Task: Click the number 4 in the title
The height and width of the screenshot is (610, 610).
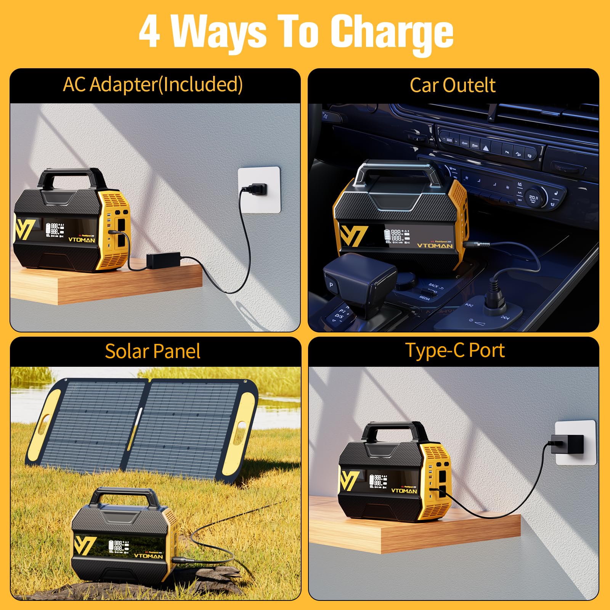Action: click(149, 33)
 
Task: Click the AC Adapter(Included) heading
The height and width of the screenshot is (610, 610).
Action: click(152, 85)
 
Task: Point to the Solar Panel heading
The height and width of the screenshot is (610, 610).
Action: click(152, 351)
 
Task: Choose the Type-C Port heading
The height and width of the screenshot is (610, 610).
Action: click(454, 350)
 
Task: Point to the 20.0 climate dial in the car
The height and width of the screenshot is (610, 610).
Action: click(533, 199)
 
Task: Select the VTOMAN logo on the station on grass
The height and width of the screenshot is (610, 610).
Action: click(148, 556)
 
